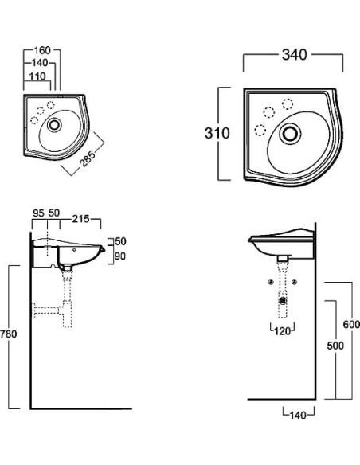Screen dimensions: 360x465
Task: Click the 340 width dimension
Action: (294, 55)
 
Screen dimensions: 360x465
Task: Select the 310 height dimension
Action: (217, 133)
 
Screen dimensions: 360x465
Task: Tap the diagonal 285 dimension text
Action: (88, 159)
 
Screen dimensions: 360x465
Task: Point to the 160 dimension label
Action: (42, 50)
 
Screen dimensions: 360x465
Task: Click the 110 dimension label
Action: (37, 76)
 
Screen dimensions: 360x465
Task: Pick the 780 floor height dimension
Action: (9, 334)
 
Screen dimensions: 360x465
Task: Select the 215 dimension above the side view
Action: (80, 219)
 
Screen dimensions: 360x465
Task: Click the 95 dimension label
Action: (38, 213)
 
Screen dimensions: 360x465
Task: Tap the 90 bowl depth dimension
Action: (120, 256)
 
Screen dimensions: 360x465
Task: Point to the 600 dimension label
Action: (351, 324)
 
